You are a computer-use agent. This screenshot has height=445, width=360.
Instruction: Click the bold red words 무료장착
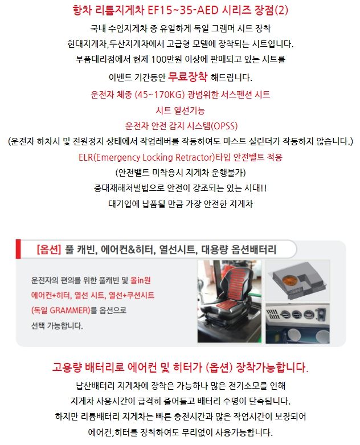tap(187, 76)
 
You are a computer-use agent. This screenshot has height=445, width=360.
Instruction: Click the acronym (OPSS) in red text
tap(224, 126)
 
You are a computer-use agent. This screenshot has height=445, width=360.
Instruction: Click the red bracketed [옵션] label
tap(49, 250)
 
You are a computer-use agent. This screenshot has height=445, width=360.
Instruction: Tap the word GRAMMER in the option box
tap(70, 310)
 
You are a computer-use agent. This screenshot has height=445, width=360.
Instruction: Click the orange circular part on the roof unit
tap(289, 280)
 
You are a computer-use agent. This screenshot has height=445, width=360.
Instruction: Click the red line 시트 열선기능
tap(180, 110)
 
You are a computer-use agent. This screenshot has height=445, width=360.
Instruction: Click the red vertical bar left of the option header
tap(18, 249)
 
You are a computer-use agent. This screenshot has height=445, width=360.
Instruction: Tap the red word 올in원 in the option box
tap(141, 280)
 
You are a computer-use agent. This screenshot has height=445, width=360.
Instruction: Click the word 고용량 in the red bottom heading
tap(67, 368)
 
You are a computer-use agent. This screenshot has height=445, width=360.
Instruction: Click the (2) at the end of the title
tap(281, 10)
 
